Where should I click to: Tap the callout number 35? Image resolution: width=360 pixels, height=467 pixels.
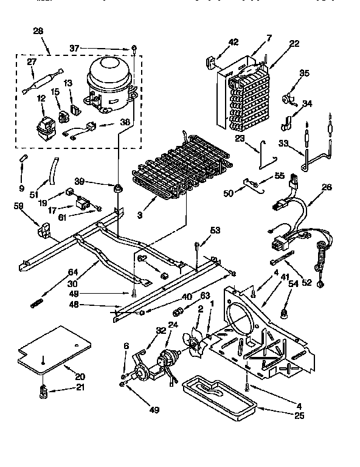coord(304,74)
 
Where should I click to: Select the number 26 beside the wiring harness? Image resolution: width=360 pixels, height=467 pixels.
coord(327,187)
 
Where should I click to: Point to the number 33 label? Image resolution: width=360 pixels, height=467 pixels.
coord(284,144)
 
